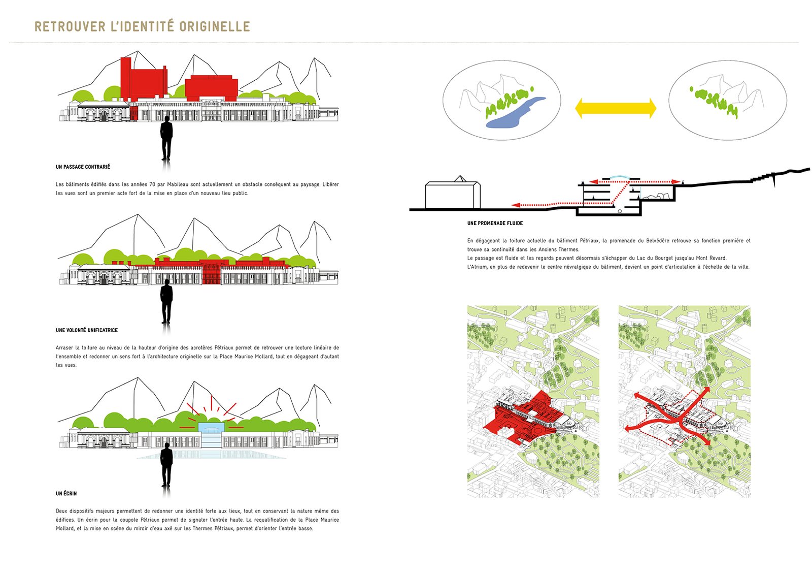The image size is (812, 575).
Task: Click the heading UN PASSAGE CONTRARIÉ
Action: point(83,167)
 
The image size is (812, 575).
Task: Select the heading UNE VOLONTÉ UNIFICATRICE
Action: point(87,330)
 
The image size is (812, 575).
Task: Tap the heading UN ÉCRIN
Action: point(66,493)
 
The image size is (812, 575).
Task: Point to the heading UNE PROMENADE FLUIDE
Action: point(495,223)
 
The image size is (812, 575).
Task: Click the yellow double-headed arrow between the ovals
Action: point(616,108)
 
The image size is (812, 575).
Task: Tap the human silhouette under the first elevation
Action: point(166,138)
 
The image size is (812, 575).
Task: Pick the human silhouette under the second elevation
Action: point(166,301)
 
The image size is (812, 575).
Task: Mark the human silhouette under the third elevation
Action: point(166,464)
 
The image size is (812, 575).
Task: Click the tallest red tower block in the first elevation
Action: point(125,79)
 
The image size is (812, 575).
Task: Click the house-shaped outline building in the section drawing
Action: point(453,193)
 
